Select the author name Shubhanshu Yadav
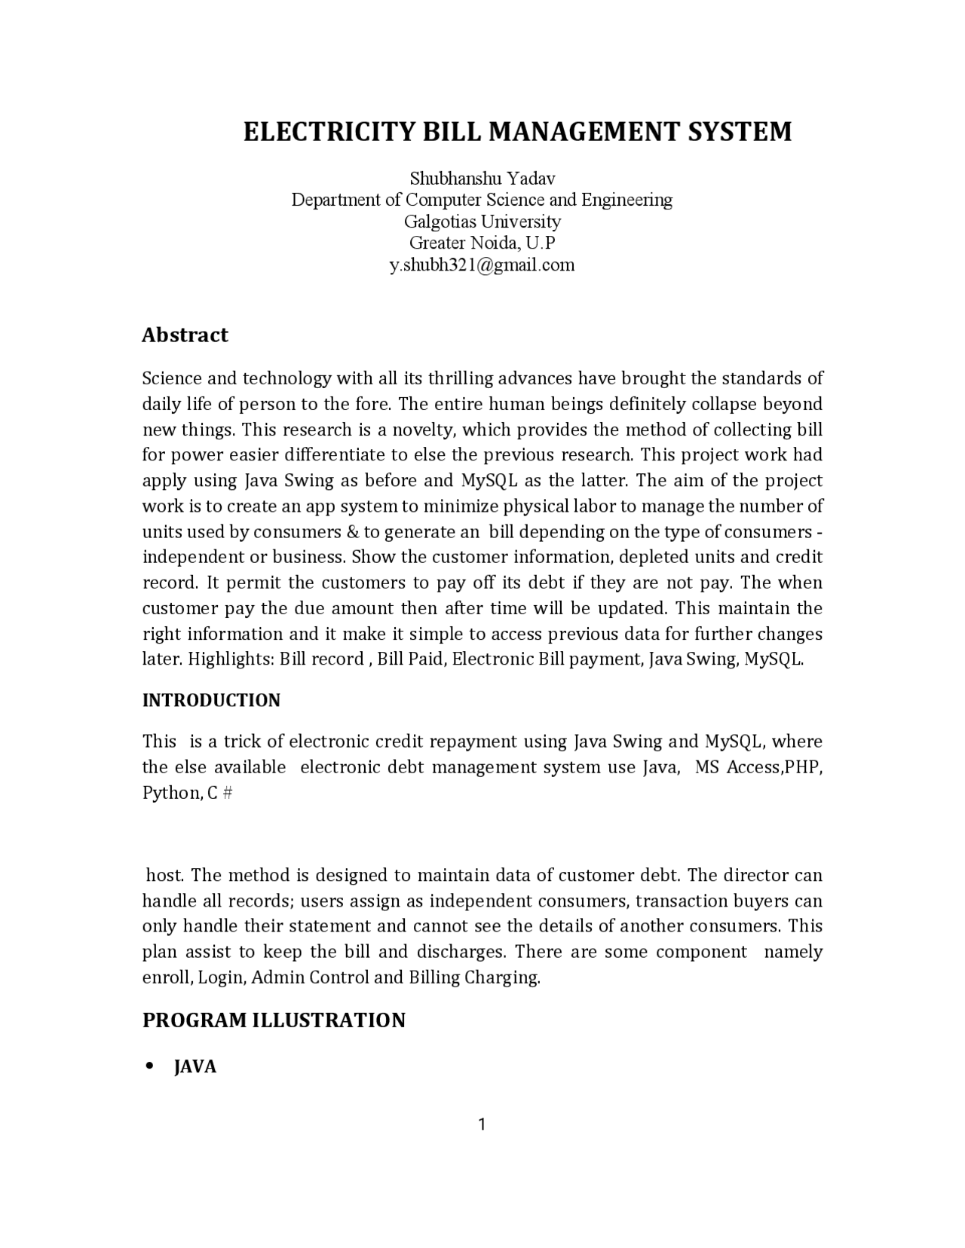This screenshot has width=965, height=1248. pos(482,179)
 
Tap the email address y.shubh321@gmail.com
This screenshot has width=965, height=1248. pos(482,265)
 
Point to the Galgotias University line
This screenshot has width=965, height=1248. pos(482,222)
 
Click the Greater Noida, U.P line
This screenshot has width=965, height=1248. pos(482,243)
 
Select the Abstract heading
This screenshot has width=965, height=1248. pos(185,335)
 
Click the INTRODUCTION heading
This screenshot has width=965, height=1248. pos(211,700)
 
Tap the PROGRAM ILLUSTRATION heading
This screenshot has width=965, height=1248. pos(274,1020)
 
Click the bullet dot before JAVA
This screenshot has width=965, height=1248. pos(149,1066)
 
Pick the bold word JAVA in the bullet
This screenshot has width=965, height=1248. pos(195,1067)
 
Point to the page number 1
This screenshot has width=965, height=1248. pos(482,1125)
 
